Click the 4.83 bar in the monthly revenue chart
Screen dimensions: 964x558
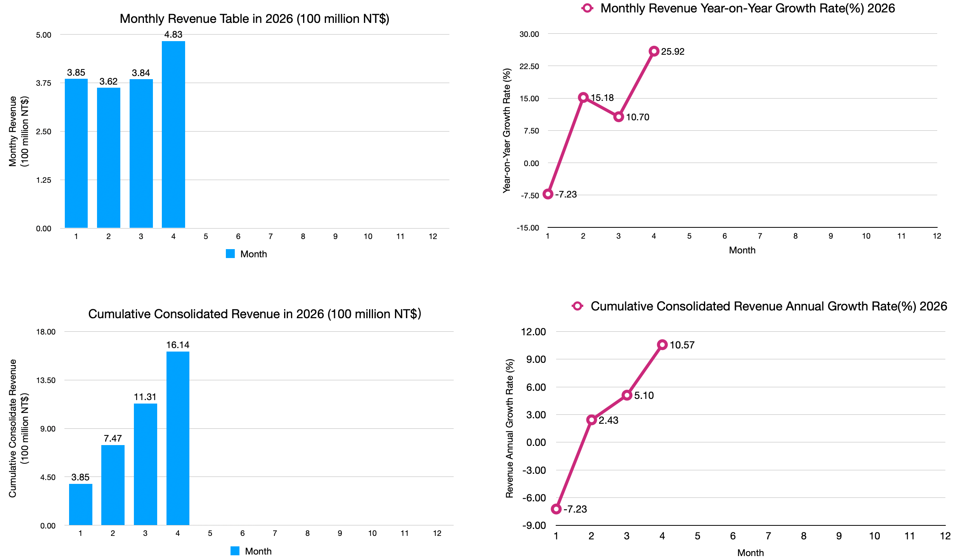coord(173,134)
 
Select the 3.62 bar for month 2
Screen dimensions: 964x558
coord(109,158)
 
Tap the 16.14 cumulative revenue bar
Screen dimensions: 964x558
coord(178,438)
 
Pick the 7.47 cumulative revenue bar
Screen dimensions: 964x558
coord(113,485)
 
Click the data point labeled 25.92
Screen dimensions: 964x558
coord(654,51)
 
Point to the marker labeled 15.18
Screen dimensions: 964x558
coord(583,97)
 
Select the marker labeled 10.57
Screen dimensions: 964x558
coord(662,345)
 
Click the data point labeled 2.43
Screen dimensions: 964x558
coord(591,420)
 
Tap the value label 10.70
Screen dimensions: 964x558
coord(637,117)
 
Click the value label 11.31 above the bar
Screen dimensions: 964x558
coord(145,397)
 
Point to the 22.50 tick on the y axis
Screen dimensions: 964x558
coord(529,66)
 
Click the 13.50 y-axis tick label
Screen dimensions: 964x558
coord(46,380)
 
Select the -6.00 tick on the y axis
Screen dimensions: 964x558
coord(534,498)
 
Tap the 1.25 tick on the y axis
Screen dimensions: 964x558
coord(43,180)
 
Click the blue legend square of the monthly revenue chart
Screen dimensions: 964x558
coord(230,254)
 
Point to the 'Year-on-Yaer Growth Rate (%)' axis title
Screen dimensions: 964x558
coord(507,131)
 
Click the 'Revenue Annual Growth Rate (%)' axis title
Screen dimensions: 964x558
coord(510,428)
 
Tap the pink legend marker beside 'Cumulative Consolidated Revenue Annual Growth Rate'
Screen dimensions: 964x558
coord(577,306)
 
